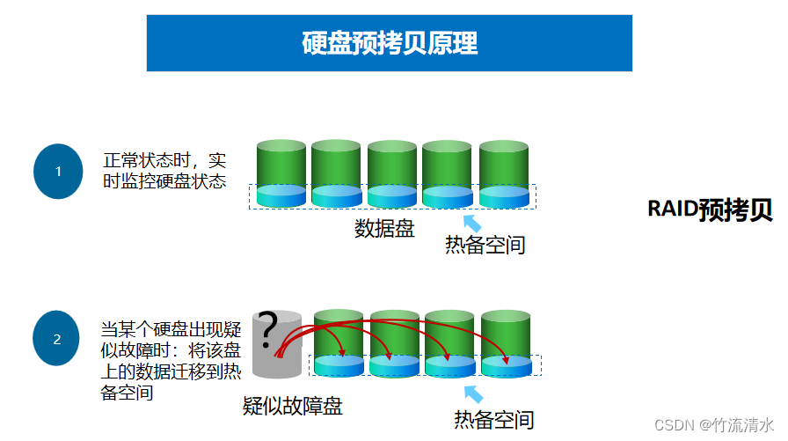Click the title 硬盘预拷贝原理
[390, 42]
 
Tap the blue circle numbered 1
[58, 172]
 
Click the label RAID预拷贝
[710, 209]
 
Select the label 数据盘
[384, 229]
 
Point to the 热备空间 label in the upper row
[485, 245]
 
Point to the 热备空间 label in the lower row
[493, 420]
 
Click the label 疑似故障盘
[292, 406]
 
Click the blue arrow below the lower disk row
[473, 393]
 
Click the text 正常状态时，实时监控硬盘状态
[165, 172]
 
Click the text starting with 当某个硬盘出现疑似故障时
[171, 361]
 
